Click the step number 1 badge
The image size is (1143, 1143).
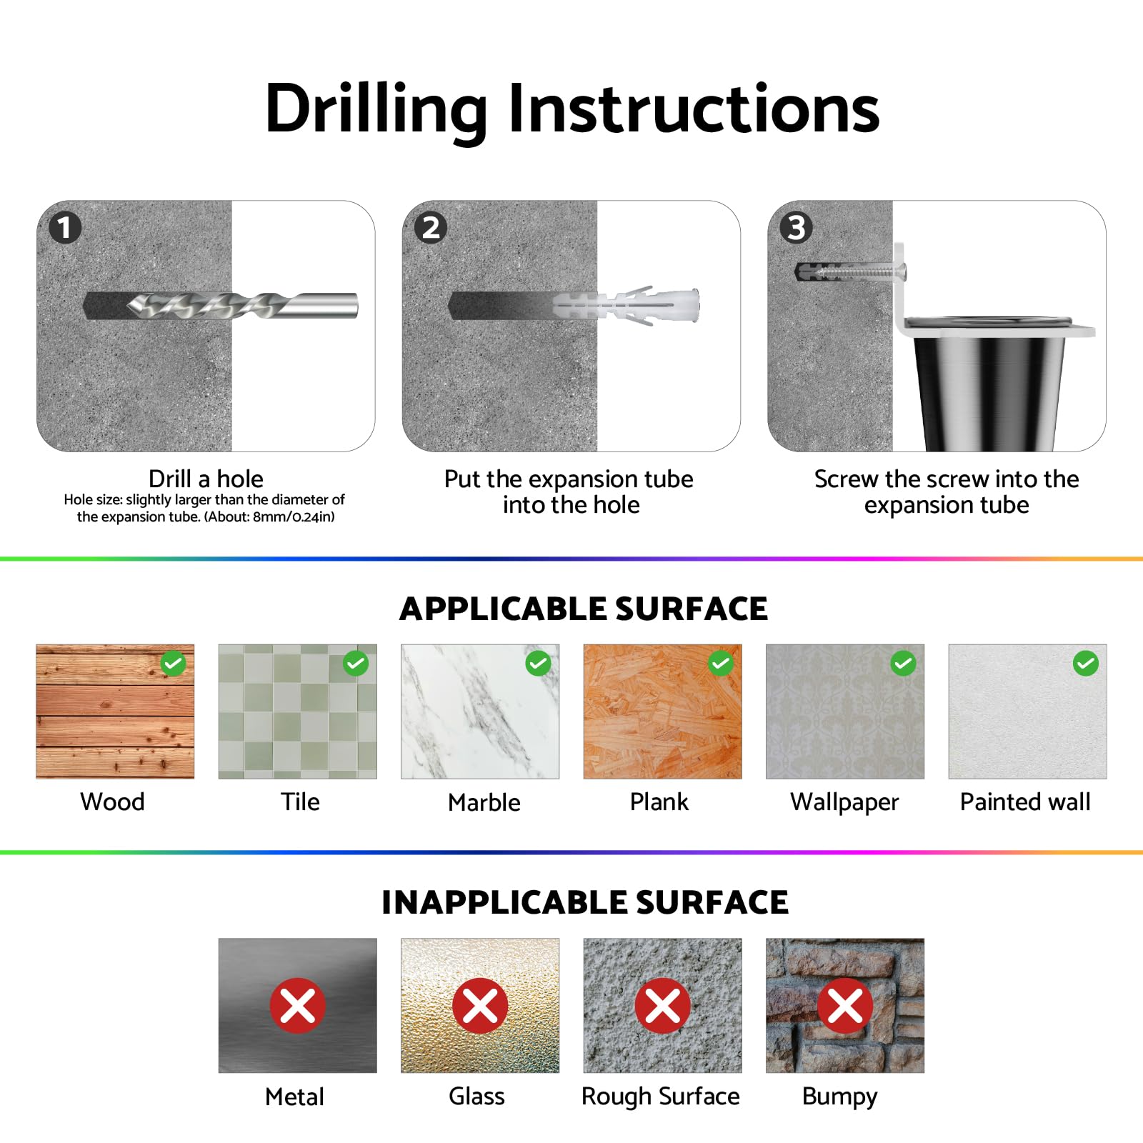click(65, 228)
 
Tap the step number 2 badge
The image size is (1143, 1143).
click(431, 228)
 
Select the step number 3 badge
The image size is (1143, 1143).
click(796, 228)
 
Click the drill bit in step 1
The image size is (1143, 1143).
click(242, 306)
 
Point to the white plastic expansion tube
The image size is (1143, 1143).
click(627, 306)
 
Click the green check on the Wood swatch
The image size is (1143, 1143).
click(173, 664)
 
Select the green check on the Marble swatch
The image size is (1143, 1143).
click(538, 664)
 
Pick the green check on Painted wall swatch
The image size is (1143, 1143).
click(1085, 664)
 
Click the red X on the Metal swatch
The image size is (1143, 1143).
click(297, 1006)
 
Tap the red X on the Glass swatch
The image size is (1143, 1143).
click(480, 1006)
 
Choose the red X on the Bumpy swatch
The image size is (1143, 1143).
click(845, 1006)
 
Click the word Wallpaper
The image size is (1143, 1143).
click(844, 802)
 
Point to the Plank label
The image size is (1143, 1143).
click(659, 802)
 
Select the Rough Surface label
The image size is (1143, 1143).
click(661, 1097)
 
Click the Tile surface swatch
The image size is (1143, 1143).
click(297, 712)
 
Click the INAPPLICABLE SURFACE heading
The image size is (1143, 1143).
click(585, 902)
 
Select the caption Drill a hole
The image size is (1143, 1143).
click(206, 479)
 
